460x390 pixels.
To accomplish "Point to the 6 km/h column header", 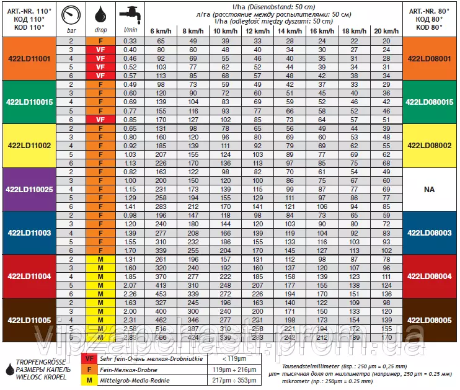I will [x=161, y=30].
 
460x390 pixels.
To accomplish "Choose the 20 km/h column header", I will [x=386, y=30].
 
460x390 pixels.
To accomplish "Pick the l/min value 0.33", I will [x=130, y=40].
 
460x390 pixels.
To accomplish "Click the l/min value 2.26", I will [x=130, y=293].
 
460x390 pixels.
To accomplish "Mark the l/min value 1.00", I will [x=130, y=180].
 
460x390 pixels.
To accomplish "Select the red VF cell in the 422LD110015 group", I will [x=100, y=119].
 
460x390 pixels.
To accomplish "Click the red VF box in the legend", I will [x=90, y=359].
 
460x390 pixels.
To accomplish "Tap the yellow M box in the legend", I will [x=90, y=380].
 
